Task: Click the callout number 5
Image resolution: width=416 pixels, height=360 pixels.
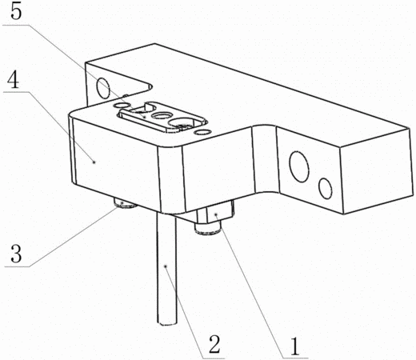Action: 16,12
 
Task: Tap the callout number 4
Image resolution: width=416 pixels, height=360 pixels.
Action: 13,80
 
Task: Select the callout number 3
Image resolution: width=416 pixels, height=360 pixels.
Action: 16,254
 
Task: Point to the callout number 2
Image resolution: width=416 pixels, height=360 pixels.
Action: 214,344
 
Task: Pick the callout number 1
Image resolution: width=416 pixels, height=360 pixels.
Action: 294,346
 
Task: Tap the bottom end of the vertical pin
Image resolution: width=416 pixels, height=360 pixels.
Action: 167,324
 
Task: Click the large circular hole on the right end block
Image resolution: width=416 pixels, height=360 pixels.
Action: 299,166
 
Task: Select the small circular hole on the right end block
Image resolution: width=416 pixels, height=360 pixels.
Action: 326,188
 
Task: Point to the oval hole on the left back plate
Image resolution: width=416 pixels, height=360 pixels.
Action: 103,87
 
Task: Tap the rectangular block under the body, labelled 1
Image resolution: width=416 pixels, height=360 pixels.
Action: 216,212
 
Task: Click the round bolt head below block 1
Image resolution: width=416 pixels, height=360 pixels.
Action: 208,230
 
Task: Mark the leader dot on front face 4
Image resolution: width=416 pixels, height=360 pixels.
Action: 94,162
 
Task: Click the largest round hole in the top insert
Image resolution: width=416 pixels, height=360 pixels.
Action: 182,123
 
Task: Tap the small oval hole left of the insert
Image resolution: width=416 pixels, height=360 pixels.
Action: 121,106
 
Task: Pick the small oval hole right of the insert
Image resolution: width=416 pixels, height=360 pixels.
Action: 202,132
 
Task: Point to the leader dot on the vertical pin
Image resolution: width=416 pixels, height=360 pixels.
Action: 166,266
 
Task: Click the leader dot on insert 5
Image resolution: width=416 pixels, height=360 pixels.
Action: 144,117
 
